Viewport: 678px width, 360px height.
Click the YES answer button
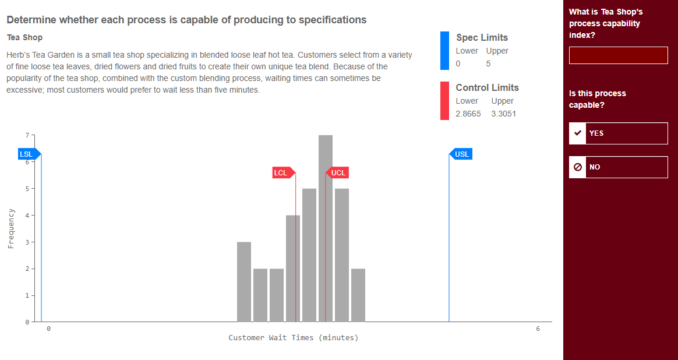[x=618, y=133]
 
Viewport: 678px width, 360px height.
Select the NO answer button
[x=618, y=167]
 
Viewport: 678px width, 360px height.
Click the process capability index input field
[x=618, y=56]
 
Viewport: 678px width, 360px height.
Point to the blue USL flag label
[x=461, y=154]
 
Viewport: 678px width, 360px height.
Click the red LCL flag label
[x=282, y=173]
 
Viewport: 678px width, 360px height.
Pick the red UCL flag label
[x=338, y=173]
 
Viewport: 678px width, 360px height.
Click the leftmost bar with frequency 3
[x=244, y=282]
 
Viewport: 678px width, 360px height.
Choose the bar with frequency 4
[x=293, y=269]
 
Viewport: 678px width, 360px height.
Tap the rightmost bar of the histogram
[x=358, y=295]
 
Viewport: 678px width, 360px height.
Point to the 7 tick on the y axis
[x=26, y=135]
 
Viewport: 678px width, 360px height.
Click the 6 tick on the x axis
[x=538, y=329]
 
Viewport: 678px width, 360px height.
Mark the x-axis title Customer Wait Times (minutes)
[x=293, y=338]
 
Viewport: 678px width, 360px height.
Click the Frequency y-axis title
[x=10, y=228]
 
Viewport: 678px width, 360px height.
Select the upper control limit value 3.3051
[x=503, y=114]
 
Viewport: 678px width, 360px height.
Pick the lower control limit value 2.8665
[x=468, y=114]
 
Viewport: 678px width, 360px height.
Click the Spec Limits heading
[x=482, y=38]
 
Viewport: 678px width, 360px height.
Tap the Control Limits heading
[x=487, y=88]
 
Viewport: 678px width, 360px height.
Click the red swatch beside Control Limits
[x=444, y=101]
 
